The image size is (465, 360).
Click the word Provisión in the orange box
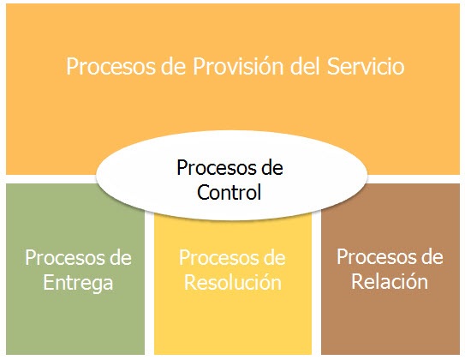[238, 66]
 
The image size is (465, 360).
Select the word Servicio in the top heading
[366, 66]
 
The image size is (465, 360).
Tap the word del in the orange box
[305, 66]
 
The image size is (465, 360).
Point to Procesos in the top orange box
[110, 66]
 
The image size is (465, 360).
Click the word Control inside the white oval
[229, 192]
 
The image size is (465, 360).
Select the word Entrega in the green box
[78, 283]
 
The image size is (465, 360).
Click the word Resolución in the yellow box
[233, 282]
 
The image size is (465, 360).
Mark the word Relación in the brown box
[390, 281]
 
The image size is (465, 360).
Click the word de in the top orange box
[174, 66]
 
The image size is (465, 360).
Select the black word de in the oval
[271, 168]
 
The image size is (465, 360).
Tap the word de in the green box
[121, 258]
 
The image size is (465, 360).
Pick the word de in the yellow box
[274, 258]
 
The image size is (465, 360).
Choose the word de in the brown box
[432, 256]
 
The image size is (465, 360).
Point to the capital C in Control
[203, 192]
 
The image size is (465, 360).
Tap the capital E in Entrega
[48, 282]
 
